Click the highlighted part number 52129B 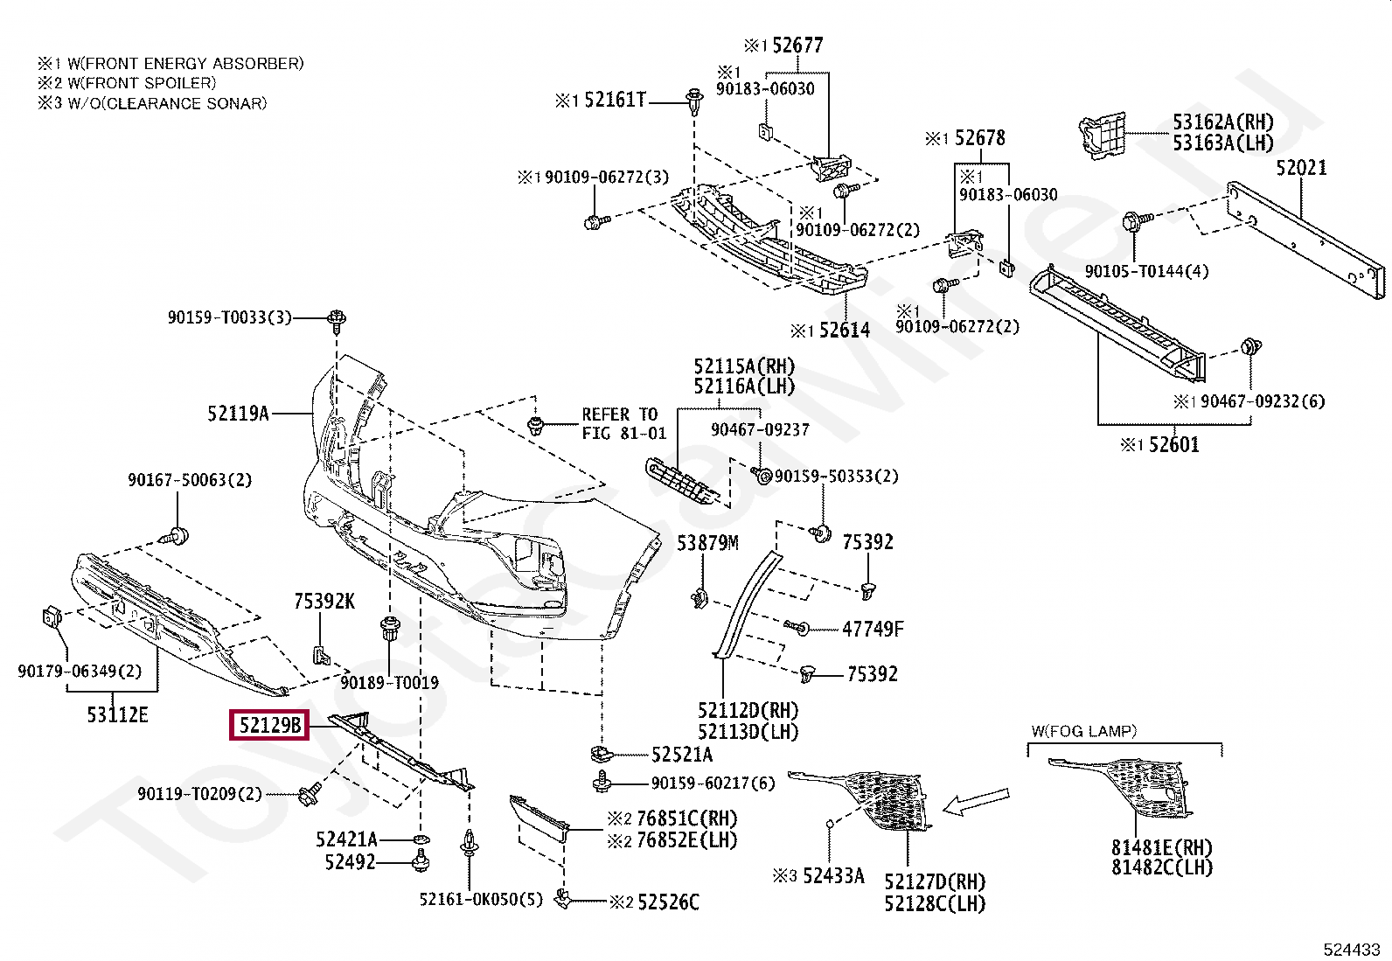coord(269,725)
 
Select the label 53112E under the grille coord(117,715)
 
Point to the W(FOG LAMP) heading coord(1084,731)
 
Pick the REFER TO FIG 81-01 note coord(623,423)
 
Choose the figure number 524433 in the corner coord(1351,949)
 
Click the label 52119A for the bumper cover coord(238,414)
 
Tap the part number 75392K coord(324,601)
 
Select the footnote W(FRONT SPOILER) coord(127,83)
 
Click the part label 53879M coord(707,544)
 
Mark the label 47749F coord(872,629)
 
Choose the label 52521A coord(681,755)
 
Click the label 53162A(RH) coord(1222,122)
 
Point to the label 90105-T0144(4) coord(1146,271)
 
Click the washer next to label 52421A coord(421,840)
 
